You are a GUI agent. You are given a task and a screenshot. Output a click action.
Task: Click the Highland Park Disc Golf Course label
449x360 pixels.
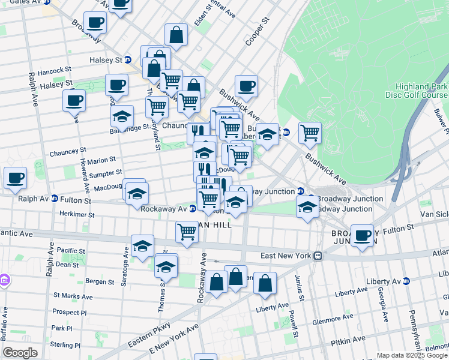[x=420, y=91]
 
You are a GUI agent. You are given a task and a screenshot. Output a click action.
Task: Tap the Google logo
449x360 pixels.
[x=20, y=352]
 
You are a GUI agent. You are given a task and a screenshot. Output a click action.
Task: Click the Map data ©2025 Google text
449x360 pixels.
[x=412, y=355]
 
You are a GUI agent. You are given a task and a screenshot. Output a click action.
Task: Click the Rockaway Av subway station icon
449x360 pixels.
[x=192, y=209]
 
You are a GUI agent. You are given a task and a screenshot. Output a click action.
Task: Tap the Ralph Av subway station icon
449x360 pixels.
[x=54, y=199]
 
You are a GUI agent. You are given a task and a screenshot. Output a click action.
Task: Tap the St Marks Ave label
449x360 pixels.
[x=73, y=296]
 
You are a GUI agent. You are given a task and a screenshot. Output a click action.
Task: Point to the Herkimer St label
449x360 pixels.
[x=77, y=214]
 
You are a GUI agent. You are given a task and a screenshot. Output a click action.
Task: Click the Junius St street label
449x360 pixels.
[x=298, y=286]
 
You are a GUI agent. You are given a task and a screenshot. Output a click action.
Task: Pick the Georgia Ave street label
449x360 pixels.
[x=382, y=304]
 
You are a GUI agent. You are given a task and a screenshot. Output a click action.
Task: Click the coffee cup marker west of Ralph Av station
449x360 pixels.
[x=15, y=178]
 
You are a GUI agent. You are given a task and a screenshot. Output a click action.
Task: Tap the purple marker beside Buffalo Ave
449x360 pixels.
[x=4, y=280]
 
